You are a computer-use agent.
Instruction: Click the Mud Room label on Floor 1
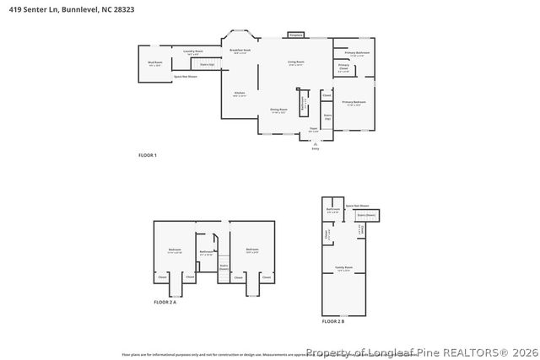(x=154, y=64)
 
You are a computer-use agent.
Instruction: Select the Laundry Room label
(x=194, y=52)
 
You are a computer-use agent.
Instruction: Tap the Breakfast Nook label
(x=240, y=51)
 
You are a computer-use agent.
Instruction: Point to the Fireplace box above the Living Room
(x=295, y=35)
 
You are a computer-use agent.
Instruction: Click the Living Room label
(x=296, y=63)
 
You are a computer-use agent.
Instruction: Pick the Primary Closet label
(x=344, y=67)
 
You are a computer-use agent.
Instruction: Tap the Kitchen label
(x=240, y=94)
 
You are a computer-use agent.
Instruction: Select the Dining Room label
(x=278, y=110)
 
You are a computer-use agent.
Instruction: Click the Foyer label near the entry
(x=313, y=130)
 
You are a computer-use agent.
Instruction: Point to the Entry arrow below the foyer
(x=316, y=144)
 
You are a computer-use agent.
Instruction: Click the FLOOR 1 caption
(x=148, y=156)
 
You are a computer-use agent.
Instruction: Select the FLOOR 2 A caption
(x=165, y=302)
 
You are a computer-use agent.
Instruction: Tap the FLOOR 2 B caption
(x=334, y=321)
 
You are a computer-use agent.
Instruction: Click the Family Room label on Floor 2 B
(x=343, y=270)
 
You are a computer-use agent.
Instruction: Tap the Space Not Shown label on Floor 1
(x=186, y=77)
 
